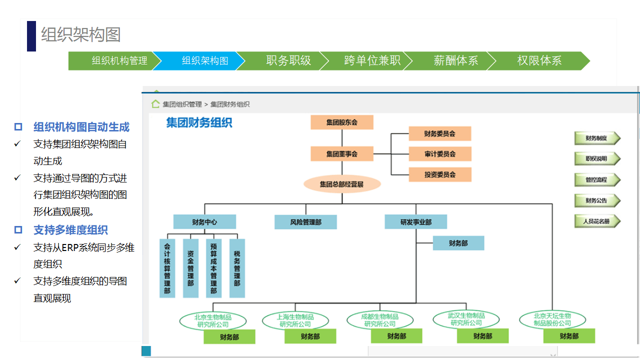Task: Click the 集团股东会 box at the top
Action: point(341,122)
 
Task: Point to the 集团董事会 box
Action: point(341,154)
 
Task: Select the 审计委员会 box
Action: point(439,154)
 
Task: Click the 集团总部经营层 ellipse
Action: point(342,184)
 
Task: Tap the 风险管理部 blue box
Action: point(305,222)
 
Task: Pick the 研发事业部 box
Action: point(415,222)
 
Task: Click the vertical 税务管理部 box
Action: point(237,268)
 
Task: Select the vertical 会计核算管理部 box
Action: point(167,268)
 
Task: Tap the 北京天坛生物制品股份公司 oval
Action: point(552,320)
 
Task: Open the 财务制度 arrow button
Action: point(597,138)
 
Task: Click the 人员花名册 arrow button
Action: point(597,221)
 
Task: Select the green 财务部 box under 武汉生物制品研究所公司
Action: point(482,336)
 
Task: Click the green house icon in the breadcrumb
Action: point(155,104)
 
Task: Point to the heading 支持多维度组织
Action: point(70,230)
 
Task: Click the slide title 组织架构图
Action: point(81,35)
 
